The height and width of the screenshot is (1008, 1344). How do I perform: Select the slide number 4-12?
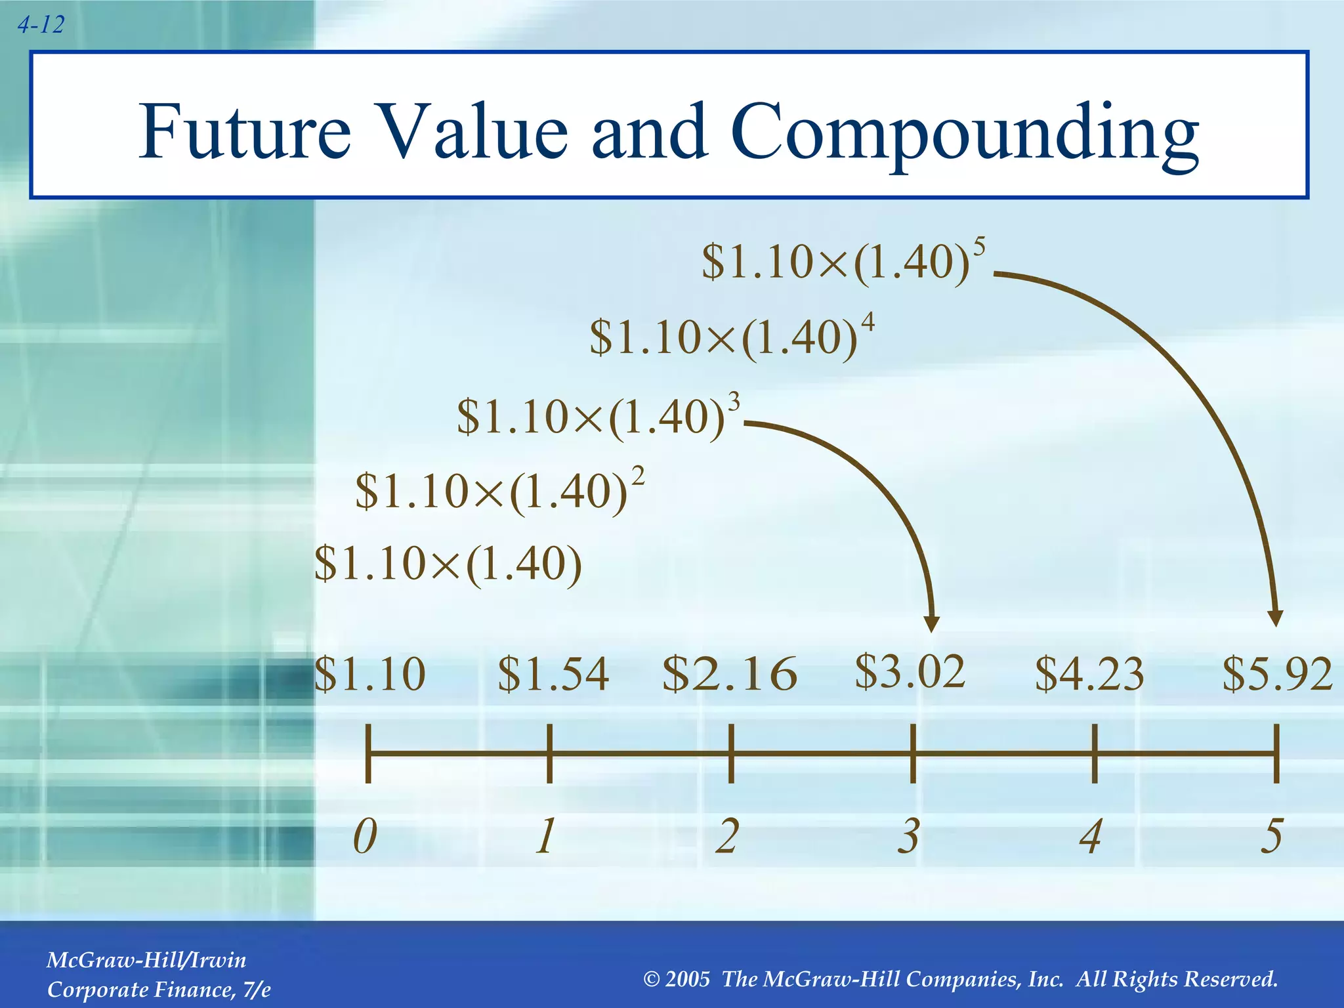tap(41, 25)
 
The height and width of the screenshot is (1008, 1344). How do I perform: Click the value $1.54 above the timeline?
tap(553, 674)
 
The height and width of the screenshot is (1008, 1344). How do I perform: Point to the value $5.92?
tap(1276, 674)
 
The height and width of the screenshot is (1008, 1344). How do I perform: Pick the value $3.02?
tap(910, 671)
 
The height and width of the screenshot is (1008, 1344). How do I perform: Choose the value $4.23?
tap(1089, 674)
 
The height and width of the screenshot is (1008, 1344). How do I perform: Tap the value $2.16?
tap(730, 674)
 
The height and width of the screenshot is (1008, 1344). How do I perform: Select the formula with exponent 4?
tap(730, 337)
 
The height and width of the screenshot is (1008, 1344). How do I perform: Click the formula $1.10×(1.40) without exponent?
tap(448, 564)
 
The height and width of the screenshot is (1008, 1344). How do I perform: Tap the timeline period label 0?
tap(366, 837)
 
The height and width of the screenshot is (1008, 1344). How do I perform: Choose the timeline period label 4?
tap(1091, 837)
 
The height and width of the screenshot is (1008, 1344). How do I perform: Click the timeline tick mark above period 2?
tap(731, 753)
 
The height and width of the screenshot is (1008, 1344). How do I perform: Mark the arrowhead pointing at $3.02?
tap(932, 623)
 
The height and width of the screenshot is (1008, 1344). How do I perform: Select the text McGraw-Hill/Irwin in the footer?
tap(146, 960)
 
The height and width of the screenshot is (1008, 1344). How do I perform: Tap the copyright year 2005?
tap(687, 979)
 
